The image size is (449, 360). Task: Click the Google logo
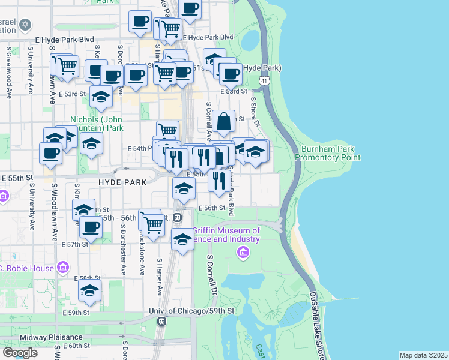tap(20, 352)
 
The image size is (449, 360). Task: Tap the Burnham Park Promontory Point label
tap(331, 152)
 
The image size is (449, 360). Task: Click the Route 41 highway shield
tap(264, 80)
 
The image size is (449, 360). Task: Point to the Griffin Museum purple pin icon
tap(243, 253)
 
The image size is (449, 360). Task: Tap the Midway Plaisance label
tap(46, 337)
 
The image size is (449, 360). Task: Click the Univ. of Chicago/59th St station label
tap(191, 311)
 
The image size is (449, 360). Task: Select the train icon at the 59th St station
tap(161, 322)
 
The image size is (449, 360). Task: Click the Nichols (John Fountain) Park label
tap(97, 124)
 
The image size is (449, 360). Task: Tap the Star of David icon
tap(25, 25)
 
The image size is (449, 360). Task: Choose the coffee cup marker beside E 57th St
tap(91, 228)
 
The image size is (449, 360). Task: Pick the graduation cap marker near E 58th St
tap(90, 292)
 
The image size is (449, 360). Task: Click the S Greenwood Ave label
tap(8, 73)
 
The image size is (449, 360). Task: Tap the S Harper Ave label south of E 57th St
tap(160, 278)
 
